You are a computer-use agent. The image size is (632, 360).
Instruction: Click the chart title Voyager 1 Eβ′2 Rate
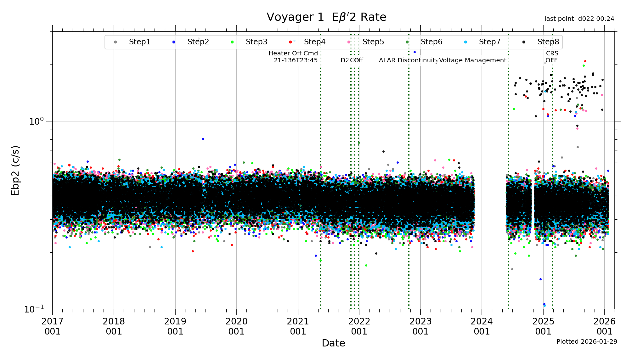click(326, 17)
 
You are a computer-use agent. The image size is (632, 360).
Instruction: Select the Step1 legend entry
click(139, 42)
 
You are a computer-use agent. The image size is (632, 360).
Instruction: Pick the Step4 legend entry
click(314, 42)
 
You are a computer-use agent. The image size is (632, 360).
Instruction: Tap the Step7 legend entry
click(489, 42)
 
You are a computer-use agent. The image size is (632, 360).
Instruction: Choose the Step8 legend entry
click(548, 42)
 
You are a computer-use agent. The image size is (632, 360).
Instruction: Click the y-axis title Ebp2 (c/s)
click(15, 170)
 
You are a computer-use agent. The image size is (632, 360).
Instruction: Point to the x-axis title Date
click(333, 343)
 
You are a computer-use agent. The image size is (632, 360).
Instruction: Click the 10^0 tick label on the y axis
click(36, 121)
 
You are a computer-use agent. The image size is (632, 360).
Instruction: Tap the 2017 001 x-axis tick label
click(52, 326)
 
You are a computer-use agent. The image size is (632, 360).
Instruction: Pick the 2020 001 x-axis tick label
click(236, 326)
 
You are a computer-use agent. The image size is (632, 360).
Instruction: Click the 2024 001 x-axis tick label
click(482, 326)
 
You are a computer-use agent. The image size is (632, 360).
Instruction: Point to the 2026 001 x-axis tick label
click(604, 326)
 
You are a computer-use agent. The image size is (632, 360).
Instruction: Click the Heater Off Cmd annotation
click(293, 57)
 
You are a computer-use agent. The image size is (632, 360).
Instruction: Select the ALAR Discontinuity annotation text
click(409, 60)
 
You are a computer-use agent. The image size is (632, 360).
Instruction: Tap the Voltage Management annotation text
click(473, 60)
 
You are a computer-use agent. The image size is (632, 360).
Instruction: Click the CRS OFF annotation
click(552, 57)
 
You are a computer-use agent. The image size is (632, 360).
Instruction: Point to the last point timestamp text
click(579, 19)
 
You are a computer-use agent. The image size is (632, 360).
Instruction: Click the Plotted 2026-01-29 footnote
click(587, 342)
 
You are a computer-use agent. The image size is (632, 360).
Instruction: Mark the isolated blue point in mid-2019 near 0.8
click(203, 139)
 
